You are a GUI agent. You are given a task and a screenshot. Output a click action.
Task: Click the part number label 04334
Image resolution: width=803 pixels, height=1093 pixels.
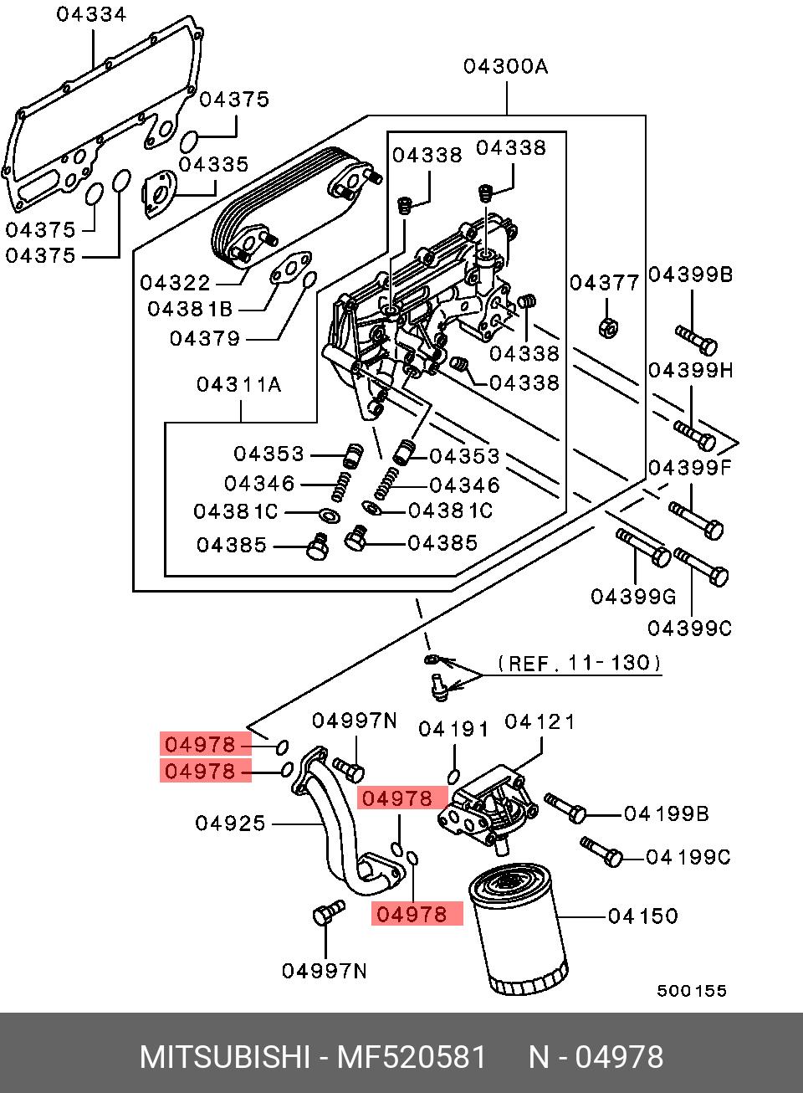tap(92, 14)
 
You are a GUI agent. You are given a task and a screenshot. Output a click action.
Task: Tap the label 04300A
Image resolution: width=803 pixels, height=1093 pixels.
tap(505, 66)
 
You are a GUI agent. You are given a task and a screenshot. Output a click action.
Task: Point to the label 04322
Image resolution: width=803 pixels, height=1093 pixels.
tap(175, 283)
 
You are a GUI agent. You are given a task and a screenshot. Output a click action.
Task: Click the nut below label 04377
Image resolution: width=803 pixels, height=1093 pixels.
tap(608, 327)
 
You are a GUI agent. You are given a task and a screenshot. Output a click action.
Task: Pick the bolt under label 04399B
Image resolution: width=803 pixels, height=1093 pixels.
tap(696, 340)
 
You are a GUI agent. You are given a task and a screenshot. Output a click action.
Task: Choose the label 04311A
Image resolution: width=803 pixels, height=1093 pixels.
tap(239, 385)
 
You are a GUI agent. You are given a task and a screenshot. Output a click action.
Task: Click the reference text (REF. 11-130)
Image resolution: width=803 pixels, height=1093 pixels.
tap(579, 663)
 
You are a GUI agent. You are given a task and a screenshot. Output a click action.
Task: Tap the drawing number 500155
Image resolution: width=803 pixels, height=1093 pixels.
tap(692, 991)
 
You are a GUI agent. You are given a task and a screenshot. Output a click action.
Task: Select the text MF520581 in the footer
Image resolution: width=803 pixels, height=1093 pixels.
tap(412, 1058)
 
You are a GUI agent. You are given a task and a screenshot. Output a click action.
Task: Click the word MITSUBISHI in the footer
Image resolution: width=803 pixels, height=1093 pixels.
tap(225, 1058)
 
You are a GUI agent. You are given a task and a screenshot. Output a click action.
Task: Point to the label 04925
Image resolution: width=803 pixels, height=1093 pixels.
tap(230, 824)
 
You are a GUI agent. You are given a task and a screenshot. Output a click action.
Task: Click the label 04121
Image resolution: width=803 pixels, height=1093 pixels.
tap(540, 722)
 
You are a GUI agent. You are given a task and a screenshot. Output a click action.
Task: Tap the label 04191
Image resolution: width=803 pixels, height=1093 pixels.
tap(453, 730)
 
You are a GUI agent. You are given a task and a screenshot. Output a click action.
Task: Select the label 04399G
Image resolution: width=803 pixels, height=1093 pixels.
tap(633, 597)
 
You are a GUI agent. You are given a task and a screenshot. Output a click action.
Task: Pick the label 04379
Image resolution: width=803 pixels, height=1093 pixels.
tap(205, 339)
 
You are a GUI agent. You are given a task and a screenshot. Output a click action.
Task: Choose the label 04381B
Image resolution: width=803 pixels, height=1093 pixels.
tap(190, 310)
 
